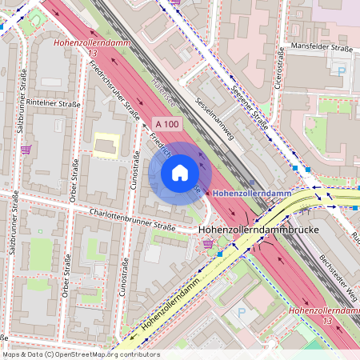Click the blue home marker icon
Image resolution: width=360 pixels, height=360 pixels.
[x=180, y=173]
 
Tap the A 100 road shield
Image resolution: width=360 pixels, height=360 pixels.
[x=169, y=124]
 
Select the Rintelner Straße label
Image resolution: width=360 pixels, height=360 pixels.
[x=50, y=102]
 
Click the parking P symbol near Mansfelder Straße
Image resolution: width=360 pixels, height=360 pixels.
[x=342, y=70]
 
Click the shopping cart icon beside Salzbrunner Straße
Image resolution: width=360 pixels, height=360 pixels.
[x=26, y=149]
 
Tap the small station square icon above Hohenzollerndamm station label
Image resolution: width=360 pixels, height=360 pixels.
[x=252, y=182]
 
